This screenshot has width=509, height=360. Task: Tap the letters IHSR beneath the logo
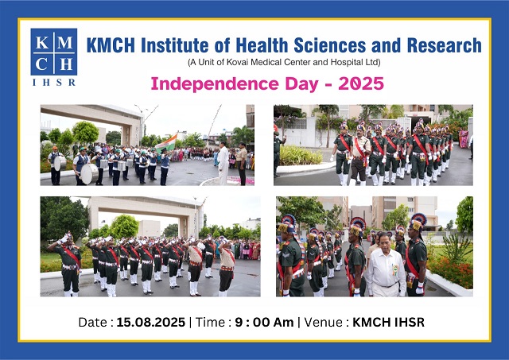coord(54,82)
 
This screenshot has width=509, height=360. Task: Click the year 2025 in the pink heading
coord(358,83)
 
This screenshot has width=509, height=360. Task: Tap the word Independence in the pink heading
coord(207,83)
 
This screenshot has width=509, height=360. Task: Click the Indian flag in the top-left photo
coord(165,141)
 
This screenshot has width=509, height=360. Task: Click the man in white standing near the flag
coord(223,162)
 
